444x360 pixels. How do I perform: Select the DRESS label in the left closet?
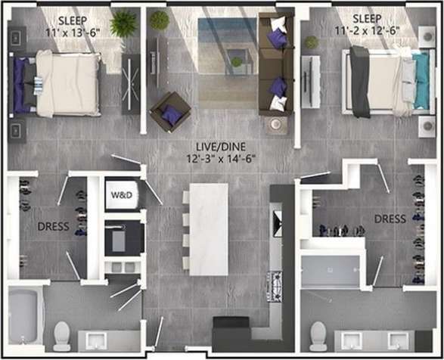point(53,226)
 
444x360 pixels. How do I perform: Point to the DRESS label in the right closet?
point(390,219)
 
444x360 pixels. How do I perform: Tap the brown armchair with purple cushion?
point(170,112)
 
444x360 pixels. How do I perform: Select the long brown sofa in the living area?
point(275,64)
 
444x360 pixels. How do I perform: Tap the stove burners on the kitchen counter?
point(275,286)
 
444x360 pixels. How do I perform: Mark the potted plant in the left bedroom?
point(123,24)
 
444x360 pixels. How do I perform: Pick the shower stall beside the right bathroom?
point(331,272)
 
